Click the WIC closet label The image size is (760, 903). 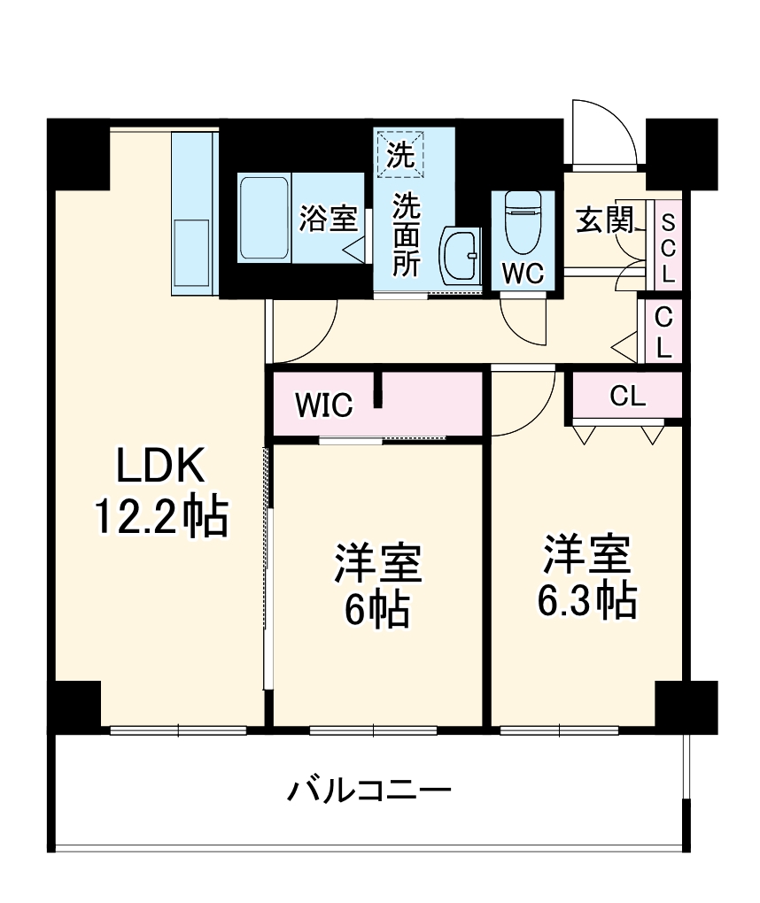[x=324, y=405]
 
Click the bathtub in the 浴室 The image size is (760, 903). [x=264, y=217]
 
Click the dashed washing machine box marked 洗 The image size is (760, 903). [x=400, y=154]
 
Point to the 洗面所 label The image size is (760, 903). [x=407, y=234]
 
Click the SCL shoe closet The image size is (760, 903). [x=668, y=248]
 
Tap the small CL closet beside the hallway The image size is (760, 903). [x=662, y=331]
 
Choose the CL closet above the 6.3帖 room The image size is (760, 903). [x=627, y=397]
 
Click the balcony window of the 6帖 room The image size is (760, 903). [x=373, y=730]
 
